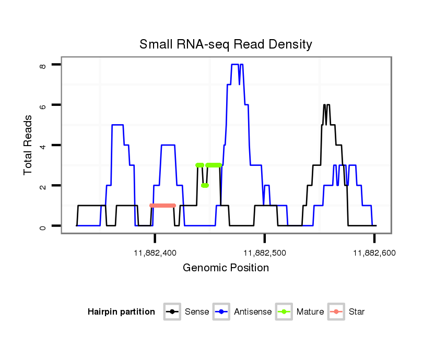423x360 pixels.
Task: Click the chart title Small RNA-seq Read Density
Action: [226, 44]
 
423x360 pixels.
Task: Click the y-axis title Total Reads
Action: [29, 145]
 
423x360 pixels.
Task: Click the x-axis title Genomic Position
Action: [226, 268]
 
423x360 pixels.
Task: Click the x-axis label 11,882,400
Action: [155, 253]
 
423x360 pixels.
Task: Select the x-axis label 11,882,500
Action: [265, 253]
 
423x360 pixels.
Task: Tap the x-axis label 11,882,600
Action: [374, 253]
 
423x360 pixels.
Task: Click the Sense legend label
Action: [197, 312]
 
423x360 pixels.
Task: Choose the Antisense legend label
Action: [253, 312]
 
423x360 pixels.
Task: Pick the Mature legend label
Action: [310, 312]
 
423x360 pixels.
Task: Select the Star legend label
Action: [357, 312]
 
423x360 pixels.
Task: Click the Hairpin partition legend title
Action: [121, 312]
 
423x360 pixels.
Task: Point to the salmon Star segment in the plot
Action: [162, 206]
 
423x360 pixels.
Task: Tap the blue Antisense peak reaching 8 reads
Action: [235, 65]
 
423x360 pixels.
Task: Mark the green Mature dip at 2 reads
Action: [205, 185]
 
